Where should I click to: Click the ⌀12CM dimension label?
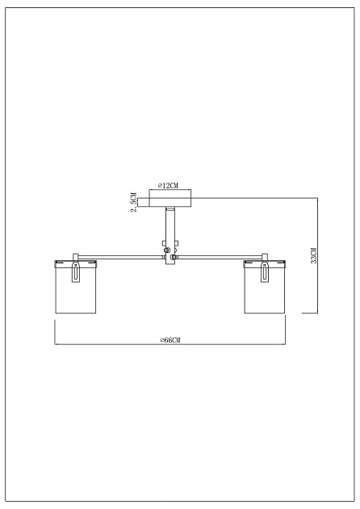(169, 186)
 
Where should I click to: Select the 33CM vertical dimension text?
(314, 254)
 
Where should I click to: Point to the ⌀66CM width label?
(170, 340)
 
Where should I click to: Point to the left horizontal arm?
(121, 258)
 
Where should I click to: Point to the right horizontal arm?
(218, 258)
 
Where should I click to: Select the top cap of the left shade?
(75, 263)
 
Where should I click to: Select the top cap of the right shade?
(264, 263)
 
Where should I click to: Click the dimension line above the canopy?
(170, 191)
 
